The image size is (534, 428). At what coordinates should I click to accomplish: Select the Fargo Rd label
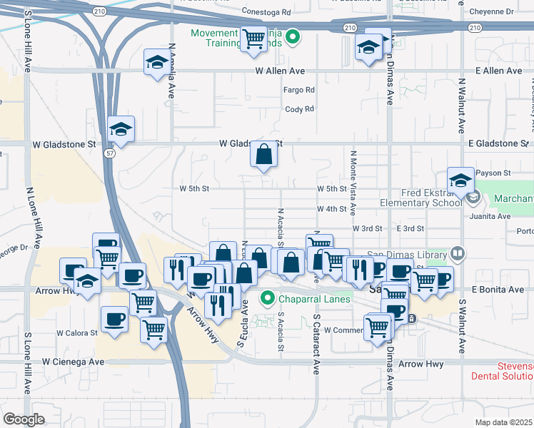coord(299,90)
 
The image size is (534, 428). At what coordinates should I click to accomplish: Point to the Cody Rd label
coord(299,109)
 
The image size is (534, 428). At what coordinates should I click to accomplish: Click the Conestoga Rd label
coord(266,12)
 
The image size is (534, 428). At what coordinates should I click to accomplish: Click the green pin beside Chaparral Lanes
coord(268,298)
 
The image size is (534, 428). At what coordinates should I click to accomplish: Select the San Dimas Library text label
coord(407,254)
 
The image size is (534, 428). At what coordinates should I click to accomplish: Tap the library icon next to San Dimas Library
coord(457,253)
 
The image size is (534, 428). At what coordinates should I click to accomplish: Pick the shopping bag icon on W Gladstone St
coord(263,154)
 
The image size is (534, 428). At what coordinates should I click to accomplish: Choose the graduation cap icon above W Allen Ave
coord(156,62)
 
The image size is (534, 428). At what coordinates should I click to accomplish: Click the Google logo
coord(24,419)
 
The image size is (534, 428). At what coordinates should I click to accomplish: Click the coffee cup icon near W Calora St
coord(114,319)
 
